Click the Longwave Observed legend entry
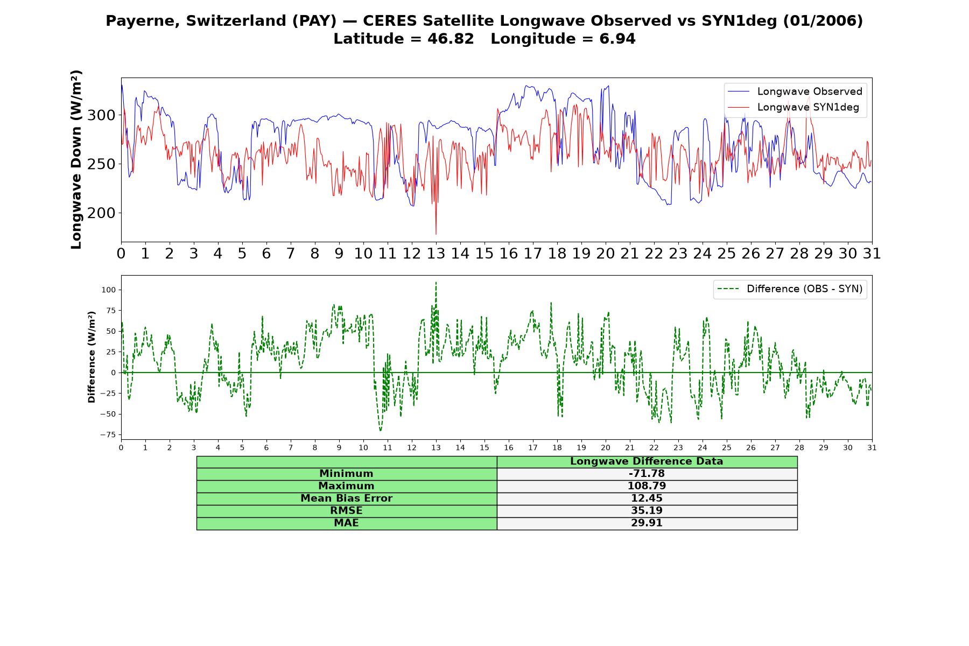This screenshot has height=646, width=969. (795, 92)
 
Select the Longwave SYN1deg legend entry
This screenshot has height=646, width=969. (793, 107)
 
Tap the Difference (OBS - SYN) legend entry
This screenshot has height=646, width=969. (790, 289)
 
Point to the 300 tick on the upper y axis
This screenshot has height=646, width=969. (101, 115)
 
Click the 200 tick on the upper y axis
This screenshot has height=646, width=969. (101, 213)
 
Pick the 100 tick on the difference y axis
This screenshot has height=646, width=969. (108, 290)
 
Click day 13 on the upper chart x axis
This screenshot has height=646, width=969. (436, 253)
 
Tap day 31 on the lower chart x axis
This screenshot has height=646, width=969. (872, 448)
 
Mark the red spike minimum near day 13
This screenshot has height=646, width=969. (436, 234)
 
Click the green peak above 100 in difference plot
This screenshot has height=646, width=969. (436, 282)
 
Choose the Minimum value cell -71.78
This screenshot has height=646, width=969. (647, 474)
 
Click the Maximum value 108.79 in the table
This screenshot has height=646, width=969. (647, 486)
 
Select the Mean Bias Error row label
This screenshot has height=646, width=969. (347, 498)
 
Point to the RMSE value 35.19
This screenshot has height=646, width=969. (647, 511)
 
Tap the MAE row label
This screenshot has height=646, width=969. (346, 523)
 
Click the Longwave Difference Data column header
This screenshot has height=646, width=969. (647, 461)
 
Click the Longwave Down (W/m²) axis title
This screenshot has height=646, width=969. (76, 159)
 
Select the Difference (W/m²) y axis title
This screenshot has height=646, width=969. (92, 357)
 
